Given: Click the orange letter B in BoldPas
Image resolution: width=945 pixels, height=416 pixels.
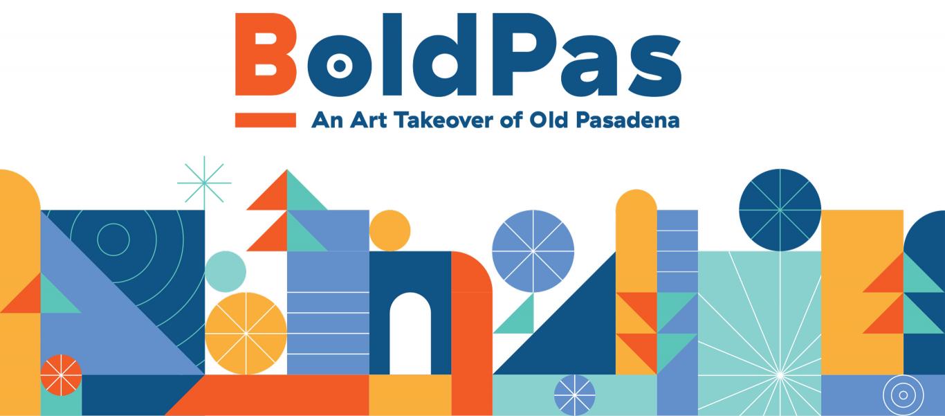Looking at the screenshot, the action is click(x=265, y=54).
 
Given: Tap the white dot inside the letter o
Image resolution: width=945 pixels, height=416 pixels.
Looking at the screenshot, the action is click(x=339, y=66).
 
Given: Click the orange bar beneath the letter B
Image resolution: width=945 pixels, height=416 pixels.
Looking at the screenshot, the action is click(x=266, y=120).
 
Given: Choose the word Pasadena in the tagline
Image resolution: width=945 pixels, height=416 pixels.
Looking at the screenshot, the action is click(x=627, y=120).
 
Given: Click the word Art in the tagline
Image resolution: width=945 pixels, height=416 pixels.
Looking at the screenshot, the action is click(x=368, y=120).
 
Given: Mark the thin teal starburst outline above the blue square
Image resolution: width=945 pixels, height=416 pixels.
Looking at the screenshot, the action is click(x=204, y=183).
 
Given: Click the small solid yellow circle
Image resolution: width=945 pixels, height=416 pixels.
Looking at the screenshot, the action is click(x=389, y=230).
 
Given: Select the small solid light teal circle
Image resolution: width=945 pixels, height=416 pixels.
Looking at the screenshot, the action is click(x=226, y=271).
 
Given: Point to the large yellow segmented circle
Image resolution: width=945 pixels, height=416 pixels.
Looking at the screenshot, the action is click(x=246, y=334).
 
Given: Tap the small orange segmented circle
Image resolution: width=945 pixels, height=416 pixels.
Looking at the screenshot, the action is click(x=61, y=375).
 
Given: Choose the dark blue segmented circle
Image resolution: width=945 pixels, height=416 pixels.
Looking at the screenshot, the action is click(x=780, y=210).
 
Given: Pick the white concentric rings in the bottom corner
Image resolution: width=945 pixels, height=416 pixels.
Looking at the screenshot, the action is click(x=903, y=395).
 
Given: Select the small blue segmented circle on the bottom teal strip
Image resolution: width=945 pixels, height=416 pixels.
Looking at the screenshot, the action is click(x=574, y=395).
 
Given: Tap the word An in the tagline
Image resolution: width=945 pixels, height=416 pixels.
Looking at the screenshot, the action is click(x=327, y=120).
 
